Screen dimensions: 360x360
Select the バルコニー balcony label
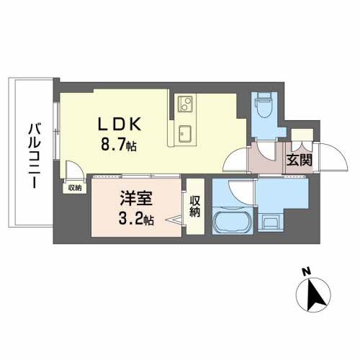point(33,156)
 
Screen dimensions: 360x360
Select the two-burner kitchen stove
point(184,105)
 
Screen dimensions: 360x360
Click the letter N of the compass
point(306,272)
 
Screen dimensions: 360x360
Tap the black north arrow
point(315,294)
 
